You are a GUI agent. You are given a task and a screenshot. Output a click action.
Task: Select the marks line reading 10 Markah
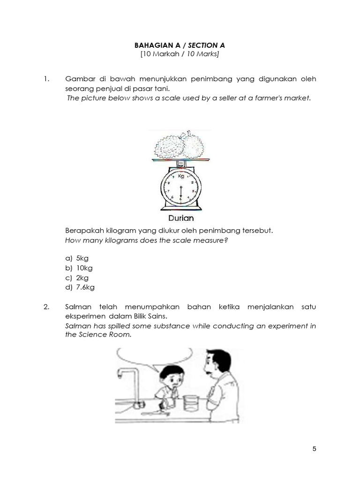point(180,54)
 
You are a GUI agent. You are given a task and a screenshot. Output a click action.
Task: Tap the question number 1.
point(46,79)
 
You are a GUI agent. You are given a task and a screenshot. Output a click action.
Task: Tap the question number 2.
point(46,307)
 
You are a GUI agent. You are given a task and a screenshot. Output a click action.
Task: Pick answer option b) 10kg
point(80,268)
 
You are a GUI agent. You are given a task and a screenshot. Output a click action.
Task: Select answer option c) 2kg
point(78,278)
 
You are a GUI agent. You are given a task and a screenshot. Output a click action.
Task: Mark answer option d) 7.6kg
point(80,288)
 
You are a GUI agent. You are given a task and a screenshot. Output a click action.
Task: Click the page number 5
point(314,449)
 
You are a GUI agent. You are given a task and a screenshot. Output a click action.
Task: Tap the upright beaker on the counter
point(190,404)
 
